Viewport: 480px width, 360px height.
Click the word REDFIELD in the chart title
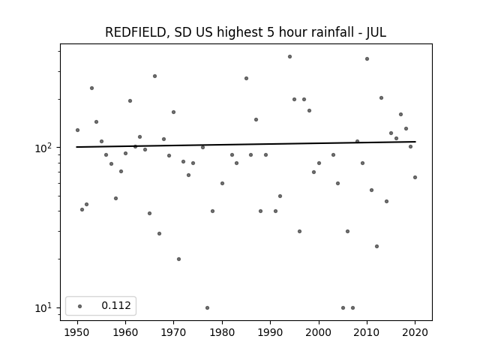(136, 32)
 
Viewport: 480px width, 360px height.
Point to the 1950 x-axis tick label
(77, 332)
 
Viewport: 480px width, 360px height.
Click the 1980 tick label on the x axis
(222, 332)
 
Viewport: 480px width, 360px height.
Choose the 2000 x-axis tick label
(319, 332)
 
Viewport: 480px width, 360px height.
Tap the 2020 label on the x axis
(415, 332)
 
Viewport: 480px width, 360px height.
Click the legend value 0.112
(116, 305)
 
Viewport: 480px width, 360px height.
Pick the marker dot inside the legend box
(80, 306)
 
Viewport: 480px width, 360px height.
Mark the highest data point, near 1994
(290, 57)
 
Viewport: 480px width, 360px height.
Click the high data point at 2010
(367, 58)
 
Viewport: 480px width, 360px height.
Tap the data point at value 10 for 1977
(207, 307)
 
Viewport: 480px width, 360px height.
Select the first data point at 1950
(77, 130)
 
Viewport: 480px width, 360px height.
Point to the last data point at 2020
(415, 177)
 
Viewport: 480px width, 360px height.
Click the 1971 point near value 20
(178, 259)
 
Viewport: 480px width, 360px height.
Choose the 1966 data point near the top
(155, 76)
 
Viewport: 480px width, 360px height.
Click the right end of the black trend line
(415, 142)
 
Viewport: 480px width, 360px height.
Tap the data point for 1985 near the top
(247, 78)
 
